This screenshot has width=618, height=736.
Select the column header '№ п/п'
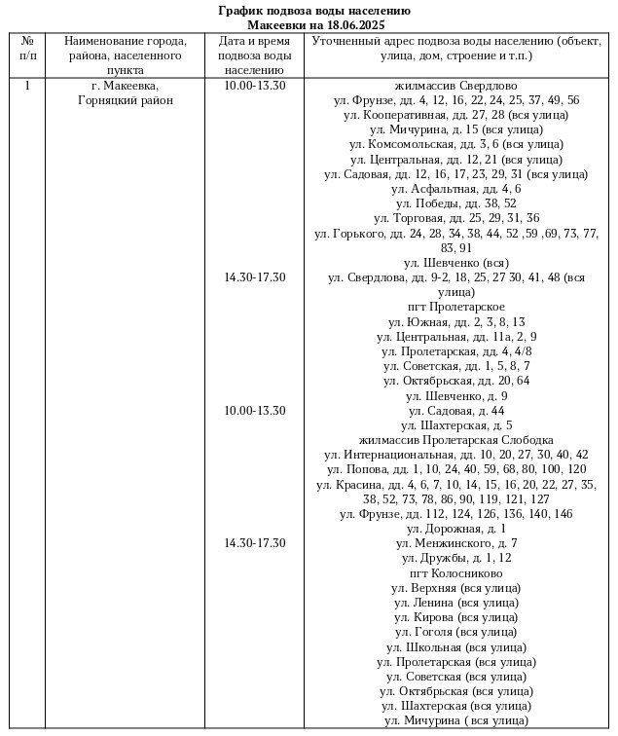pyautogui.click(x=27, y=49)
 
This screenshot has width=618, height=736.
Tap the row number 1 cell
pyautogui.click(x=27, y=86)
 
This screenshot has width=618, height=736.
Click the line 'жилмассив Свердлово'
pyautogui.click(x=455, y=86)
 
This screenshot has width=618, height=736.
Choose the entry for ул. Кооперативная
pyautogui.click(x=455, y=115)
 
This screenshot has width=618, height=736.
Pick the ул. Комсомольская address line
pyautogui.click(x=455, y=145)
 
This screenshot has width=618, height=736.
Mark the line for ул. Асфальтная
pyautogui.click(x=455, y=189)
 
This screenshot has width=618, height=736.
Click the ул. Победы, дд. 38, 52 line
pyautogui.click(x=455, y=203)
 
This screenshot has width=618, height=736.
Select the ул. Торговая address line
pyautogui.click(x=455, y=218)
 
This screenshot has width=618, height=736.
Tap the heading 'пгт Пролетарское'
pyautogui.click(x=455, y=307)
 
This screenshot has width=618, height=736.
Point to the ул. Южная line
pyautogui.click(x=455, y=321)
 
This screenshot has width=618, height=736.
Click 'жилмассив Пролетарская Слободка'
pyautogui.click(x=455, y=440)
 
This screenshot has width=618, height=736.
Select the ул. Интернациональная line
pyautogui.click(x=455, y=455)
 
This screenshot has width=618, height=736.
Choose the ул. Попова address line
pyautogui.click(x=455, y=469)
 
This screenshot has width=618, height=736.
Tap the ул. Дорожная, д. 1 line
pyautogui.click(x=455, y=529)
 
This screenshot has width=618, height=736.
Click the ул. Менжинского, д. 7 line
pyautogui.click(x=455, y=543)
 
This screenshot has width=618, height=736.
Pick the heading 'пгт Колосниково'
pyautogui.click(x=455, y=573)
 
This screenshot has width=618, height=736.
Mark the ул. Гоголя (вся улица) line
pyautogui.click(x=455, y=632)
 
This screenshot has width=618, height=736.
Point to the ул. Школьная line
pyautogui.click(x=455, y=647)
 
